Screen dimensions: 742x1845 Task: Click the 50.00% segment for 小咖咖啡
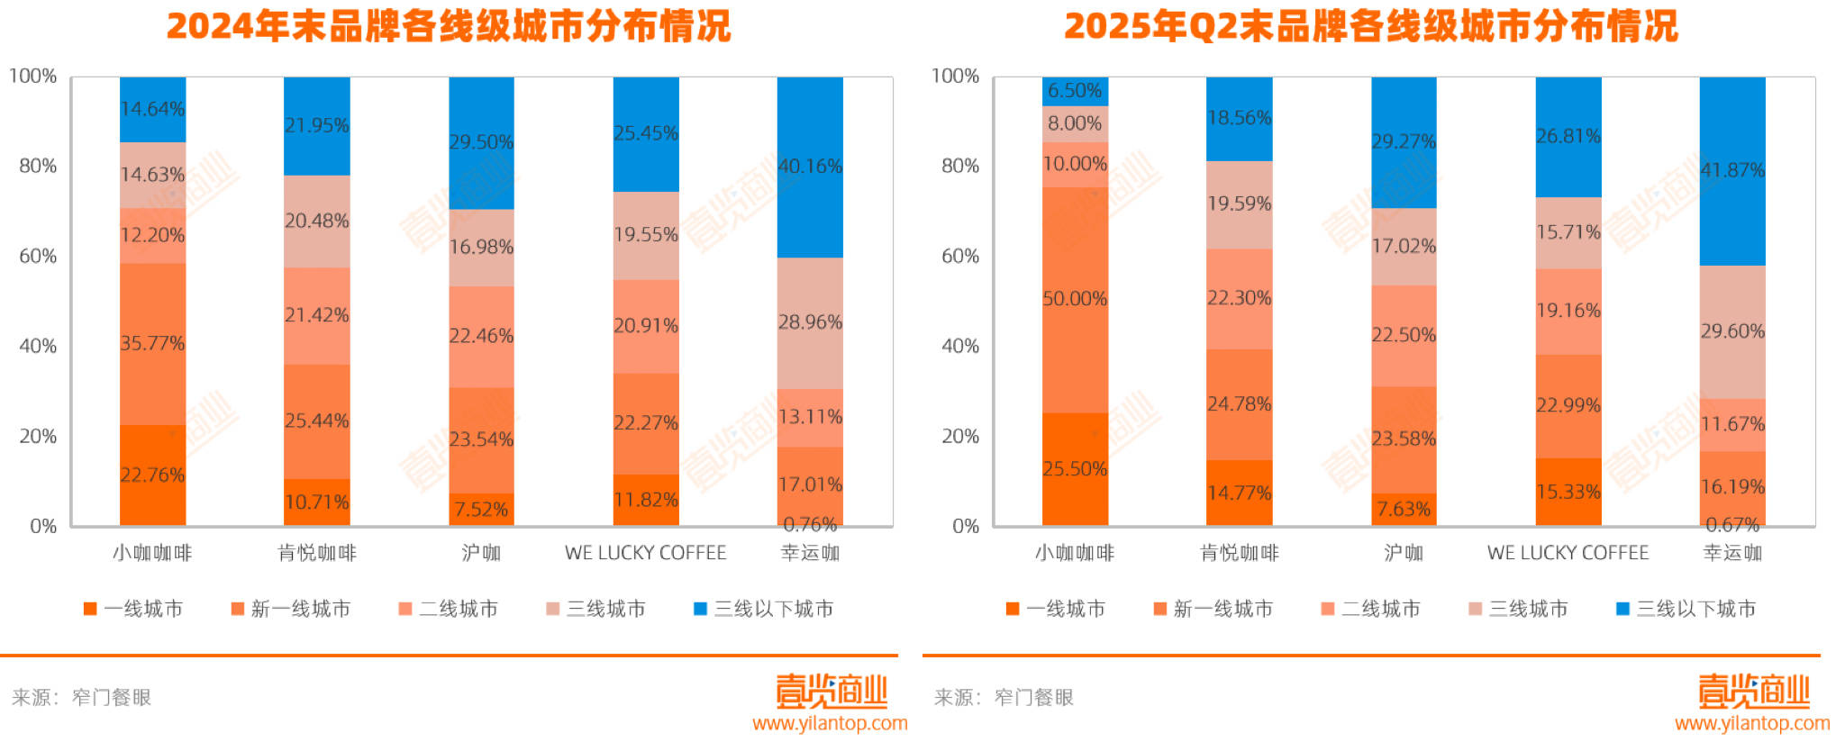(x=1075, y=299)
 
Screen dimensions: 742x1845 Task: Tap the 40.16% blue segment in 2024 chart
(x=810, y=167)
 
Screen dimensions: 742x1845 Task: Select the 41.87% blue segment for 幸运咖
(x=1732, y=170)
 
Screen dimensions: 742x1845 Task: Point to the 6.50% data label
(x=1075, y=91)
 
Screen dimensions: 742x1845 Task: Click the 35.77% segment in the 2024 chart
(x=152, y=343)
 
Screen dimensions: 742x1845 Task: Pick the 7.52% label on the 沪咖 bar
(x=481, y=510)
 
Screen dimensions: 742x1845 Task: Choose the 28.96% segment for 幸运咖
(x=810, y=322)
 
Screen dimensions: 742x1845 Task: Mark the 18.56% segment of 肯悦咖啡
(x=1240, y=118)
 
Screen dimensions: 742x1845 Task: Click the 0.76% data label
(x=810, y=524)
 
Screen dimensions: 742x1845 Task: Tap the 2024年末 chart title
(x=449, y=26)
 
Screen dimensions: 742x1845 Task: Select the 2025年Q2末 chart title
(x=1371, y=26)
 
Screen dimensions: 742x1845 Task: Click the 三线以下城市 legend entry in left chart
(x=764, y=609)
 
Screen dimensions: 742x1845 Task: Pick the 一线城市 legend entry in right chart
(x=1056, y=609)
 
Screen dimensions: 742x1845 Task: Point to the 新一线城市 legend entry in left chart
(x=291, y=609)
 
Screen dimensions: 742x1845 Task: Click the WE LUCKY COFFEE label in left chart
(x=645, y=553)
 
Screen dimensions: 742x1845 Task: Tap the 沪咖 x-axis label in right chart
(x=1404, y=553)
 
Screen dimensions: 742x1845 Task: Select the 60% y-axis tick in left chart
(x=38, y=257)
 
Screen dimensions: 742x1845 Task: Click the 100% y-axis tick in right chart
(x=955, y=77)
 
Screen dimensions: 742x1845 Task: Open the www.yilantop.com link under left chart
(x=830, y=723)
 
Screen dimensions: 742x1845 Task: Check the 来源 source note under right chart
(x=1004, y=697)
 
